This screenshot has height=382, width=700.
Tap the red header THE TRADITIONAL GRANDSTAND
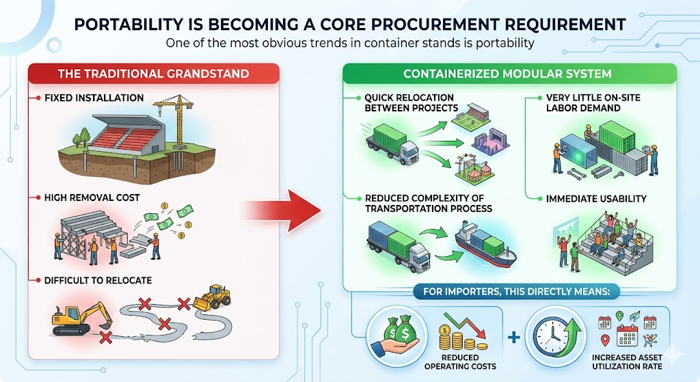pyautogui.click(x=154, y=74)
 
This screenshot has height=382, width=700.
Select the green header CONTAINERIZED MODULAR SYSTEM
pyautogui.click(x=508, y=74)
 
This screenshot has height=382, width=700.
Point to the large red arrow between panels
pyautogui.click(x=284, y=210)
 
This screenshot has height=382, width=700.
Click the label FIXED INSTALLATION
pyautogui.click(x=94, y=98)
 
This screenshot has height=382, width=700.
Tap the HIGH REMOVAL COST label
pyautogui.click(x=92, y=197)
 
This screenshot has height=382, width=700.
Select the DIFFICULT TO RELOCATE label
pyautogui.click(x=98, y=280)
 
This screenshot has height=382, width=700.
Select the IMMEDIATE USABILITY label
pyautogui.click(x=596, y=199)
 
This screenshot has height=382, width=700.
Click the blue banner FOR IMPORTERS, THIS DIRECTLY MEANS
pyautogui.click(x=517, y=292)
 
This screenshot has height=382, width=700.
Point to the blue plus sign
pyautogui.click(x=514, y=337)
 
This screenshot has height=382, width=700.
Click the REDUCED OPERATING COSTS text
pyautogui.click(x=460, y=362)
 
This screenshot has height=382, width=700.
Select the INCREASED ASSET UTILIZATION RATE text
pyautogui.click(x=627, y=362)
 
